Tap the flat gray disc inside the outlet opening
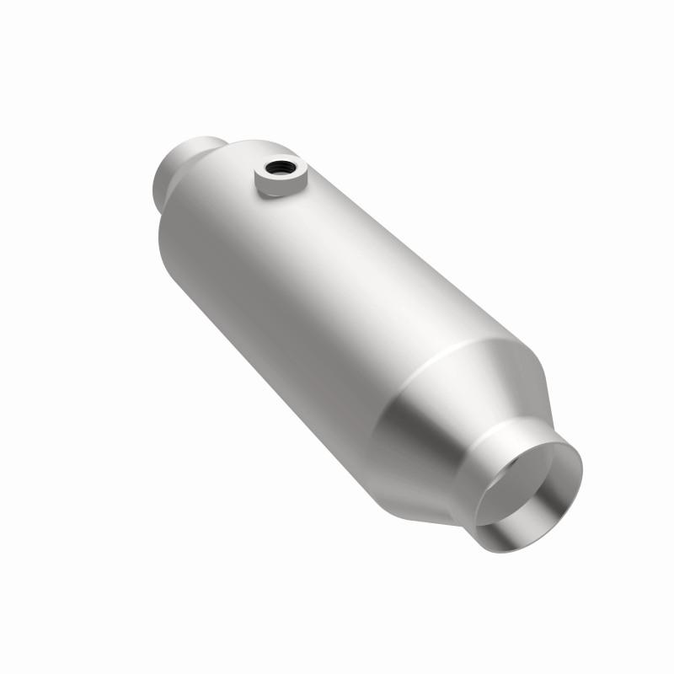coord(522,489)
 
